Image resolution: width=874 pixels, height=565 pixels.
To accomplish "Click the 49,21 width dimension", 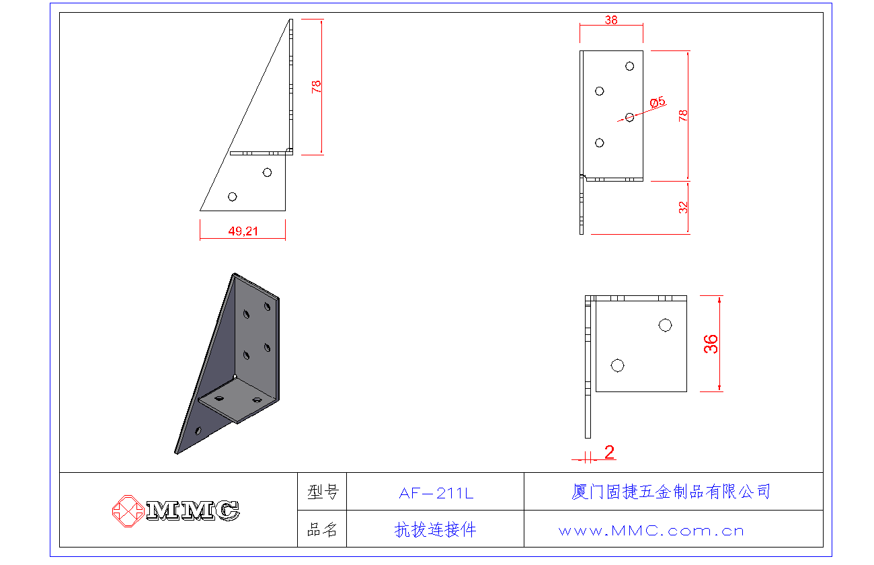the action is coord(243,231).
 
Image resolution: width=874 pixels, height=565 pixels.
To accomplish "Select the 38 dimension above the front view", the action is coord(611,20).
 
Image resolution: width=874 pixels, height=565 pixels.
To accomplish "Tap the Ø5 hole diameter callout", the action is coord(658,102).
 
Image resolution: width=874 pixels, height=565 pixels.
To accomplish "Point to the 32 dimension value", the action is coord(683,207).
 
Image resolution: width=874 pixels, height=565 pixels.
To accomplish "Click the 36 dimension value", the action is coord(711,344).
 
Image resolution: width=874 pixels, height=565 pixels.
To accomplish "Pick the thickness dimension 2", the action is coord(609,452).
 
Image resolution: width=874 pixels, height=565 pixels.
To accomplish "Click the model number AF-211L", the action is coord(436,493).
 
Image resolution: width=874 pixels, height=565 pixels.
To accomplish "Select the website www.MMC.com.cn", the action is coord(651,531).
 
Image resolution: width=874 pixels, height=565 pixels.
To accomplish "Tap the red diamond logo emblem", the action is coord(128,511).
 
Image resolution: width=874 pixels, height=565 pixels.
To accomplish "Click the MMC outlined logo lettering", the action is coord(193,511).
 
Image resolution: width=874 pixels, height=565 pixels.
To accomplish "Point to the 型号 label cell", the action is coord(322,492).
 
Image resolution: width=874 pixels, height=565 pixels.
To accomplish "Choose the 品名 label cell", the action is coord(322,529).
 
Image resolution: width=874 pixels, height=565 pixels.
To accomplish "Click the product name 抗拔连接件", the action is coord(435,530).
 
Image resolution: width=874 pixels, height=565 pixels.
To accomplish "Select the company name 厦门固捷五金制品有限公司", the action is coord(671,492).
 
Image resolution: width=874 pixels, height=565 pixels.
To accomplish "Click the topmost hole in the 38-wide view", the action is coord(629,66).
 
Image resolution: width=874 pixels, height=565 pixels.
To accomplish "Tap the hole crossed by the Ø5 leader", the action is coord(629,117).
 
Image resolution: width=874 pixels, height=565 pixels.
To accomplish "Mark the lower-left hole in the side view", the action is coord(232,196).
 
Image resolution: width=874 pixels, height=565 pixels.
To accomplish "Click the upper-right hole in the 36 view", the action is coord(666,326).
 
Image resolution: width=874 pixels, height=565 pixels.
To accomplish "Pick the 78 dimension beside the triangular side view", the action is coord(316,86).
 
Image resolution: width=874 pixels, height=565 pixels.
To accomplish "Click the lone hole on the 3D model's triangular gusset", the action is coord(198,430).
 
